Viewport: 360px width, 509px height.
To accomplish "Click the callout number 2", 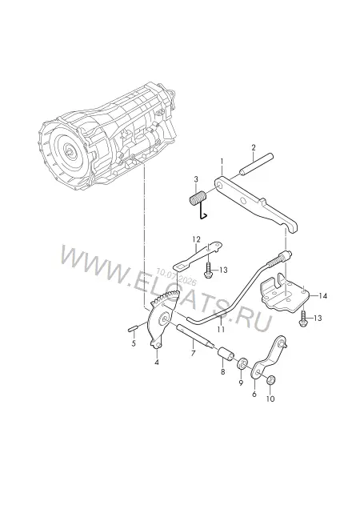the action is click(x=254, y=148).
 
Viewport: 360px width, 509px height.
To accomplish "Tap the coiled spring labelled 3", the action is click(x=197, y=199).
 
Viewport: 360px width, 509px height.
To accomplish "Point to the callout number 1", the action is click(x=222, y=161).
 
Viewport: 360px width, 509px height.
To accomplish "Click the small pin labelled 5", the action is click(x=133, y=329).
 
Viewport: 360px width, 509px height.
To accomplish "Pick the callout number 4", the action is click(x=157, y=362).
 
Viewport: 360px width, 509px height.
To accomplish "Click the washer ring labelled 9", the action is click(x=243, y=363).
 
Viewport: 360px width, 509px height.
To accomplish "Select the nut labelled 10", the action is click(x=270, y=380).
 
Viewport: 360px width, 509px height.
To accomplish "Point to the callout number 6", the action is click(x=254, y=394).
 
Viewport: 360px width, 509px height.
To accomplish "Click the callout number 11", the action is click(x=221, y=330).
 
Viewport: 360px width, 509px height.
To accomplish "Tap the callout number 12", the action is click(x=196, y=240).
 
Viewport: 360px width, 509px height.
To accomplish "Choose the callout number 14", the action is click(x=322, y=296).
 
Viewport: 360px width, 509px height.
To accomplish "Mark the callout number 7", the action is click(x=193, y=353).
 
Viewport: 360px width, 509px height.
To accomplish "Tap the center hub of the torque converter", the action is click(x=69, y=151).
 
